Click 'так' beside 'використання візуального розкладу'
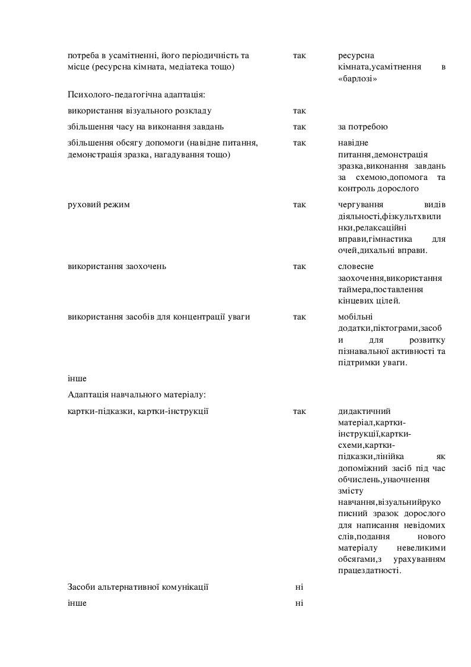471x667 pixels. [300, 110]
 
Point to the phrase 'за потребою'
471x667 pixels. [363, 127]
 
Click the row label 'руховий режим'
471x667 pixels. [99, 205]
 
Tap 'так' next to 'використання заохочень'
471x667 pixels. [300, 266]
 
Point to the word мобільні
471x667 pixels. [355, 317]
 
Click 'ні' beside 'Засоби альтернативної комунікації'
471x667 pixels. [299, 587]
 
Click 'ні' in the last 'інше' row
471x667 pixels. [299, 603]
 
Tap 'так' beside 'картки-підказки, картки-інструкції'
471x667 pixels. [300, 410]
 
